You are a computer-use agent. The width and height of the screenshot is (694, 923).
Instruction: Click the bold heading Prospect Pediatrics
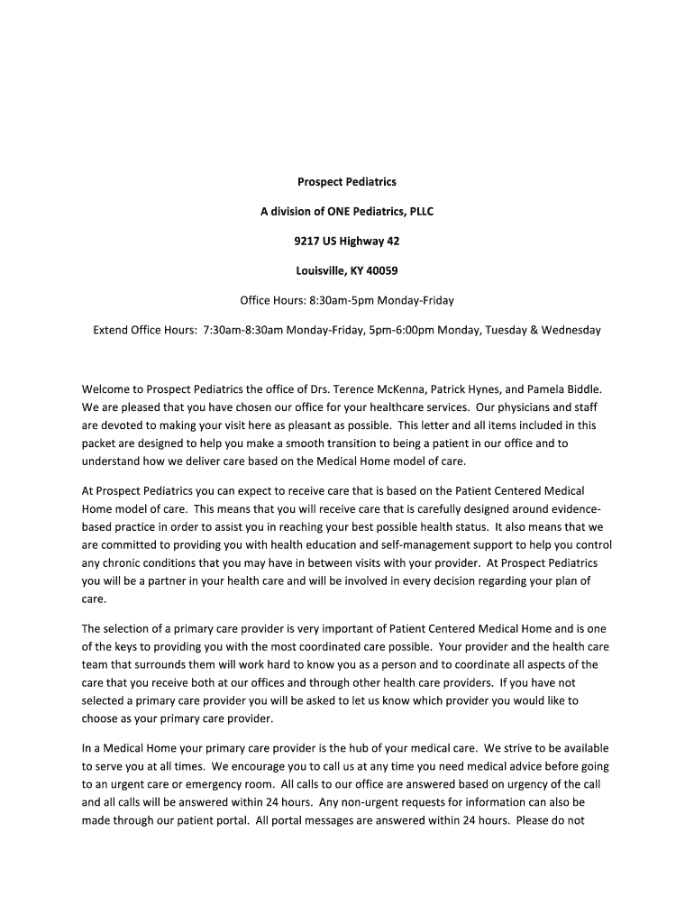coord(347,182)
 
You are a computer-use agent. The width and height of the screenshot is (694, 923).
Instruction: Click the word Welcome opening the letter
coord(106,389)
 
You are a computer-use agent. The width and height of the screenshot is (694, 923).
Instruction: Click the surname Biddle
coord(580,389)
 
